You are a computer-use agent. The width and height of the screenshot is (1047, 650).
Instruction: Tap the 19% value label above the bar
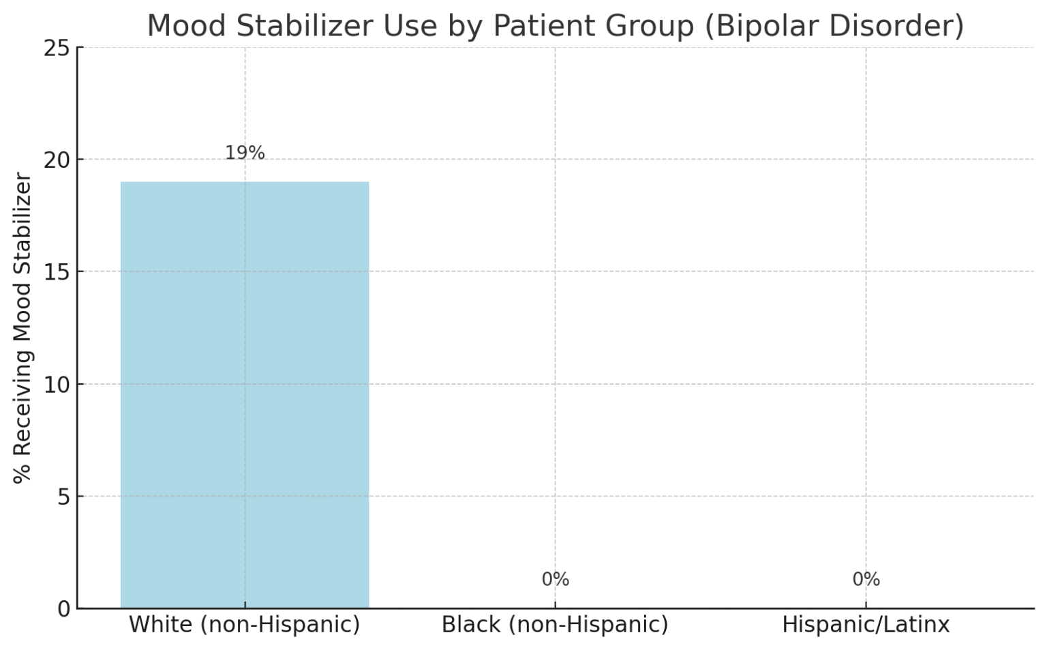(x=245, y=153)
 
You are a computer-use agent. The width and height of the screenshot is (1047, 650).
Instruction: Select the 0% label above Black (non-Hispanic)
(x=555, y=580)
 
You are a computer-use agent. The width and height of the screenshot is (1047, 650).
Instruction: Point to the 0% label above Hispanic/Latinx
(x=866, y=580)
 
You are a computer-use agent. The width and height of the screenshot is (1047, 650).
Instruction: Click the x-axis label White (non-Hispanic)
(x=245, y=625)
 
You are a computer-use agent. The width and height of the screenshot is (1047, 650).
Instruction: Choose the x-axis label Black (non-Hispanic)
(x=555, y=625)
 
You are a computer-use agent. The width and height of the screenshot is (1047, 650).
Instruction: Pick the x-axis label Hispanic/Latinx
(x=866, y=625)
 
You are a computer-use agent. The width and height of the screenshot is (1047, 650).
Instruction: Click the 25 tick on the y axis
(x=57, y=48)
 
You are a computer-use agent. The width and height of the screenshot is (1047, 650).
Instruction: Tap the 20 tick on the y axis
(x=57, y=160)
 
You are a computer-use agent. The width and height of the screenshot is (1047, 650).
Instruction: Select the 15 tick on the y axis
(x=57, y=272)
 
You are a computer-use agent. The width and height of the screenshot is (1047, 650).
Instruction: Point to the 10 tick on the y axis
(x=57, y=385)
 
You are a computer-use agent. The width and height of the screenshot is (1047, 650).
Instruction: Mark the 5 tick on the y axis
(x=63, y=497)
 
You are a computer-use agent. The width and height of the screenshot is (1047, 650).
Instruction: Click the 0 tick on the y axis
(x=63, y=609)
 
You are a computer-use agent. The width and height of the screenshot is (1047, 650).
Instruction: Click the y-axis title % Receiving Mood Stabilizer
(x=23, y=328)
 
